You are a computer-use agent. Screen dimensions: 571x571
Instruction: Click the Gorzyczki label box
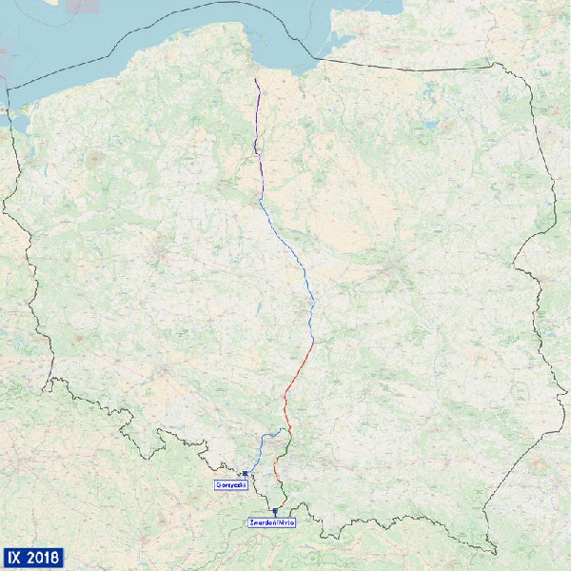pyautogui.click(x=231, y=485)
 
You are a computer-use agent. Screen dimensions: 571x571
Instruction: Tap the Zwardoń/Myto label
pyautogui.click(x=272, y=522)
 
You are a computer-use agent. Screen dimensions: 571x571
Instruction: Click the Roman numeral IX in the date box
pyautogui.click(x=15, y=557)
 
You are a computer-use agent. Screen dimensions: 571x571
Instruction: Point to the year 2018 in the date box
pyautogui.click(x=44, y=557)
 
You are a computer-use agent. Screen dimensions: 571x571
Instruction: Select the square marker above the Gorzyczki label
pyautogui.click(x=245, y=473)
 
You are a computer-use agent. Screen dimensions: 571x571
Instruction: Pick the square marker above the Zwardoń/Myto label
pyautogui.click(x=275, y=511)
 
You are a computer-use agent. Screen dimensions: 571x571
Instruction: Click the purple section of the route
pyautogui.click(x=257, y=143)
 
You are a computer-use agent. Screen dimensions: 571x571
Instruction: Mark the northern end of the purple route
pyautogui.click(x=255, y=78)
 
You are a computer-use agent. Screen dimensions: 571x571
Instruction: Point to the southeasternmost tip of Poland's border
pyautogui.click(x=496, y=551)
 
